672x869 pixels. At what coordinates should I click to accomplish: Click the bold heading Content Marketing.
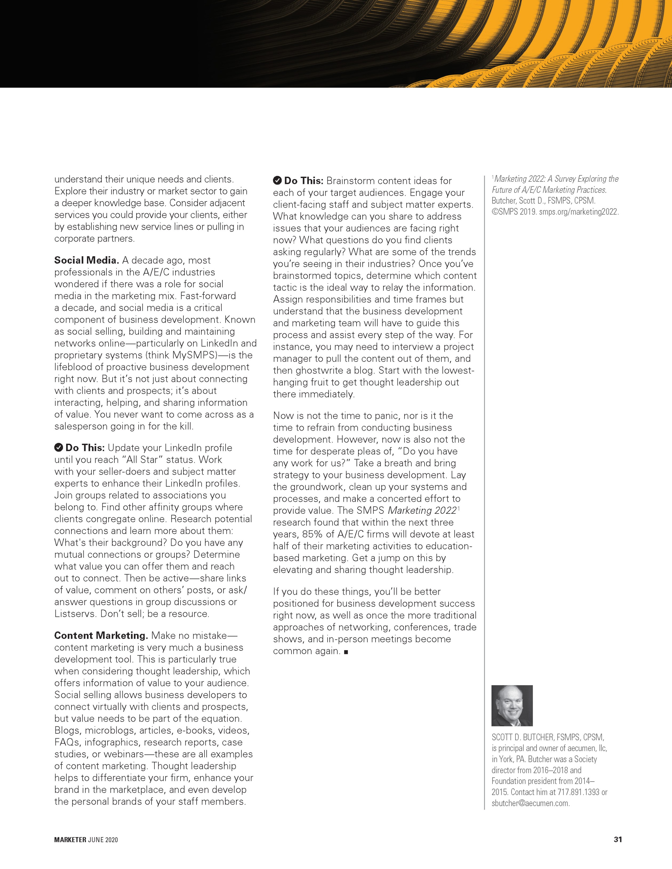coord(101,636)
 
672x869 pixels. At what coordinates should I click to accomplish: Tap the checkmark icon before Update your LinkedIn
coord(58,448)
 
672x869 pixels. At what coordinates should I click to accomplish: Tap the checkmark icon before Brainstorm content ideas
coord(277,181)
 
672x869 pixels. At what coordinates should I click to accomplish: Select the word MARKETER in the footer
coord(70,840)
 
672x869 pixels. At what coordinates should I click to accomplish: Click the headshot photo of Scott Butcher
coord(512,705)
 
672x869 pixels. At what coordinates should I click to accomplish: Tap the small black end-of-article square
coord(346,652)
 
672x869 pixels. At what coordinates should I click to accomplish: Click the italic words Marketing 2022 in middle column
coord(422,511)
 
